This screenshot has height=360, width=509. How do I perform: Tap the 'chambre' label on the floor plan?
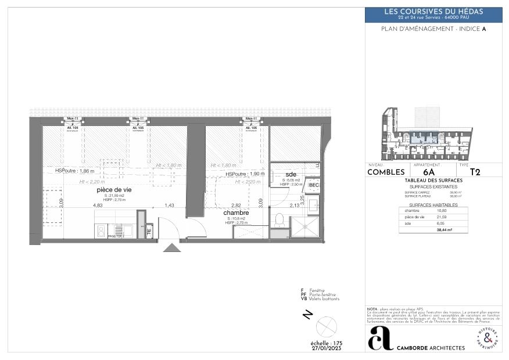click(236, 213)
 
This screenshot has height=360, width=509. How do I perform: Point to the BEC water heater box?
click(314, 185)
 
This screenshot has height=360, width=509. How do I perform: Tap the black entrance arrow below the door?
click(172, 248)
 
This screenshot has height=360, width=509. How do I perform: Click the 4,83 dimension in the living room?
click(97, 205)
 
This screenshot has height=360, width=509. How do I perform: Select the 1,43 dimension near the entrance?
click(169, 205)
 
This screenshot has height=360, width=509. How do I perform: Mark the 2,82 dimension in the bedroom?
click(236, 205)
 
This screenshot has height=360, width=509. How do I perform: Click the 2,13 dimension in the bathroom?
click(295, 205)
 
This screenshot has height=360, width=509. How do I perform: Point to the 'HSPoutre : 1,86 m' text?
click(74, 171)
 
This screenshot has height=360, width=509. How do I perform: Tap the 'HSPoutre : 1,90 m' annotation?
click(245, 174)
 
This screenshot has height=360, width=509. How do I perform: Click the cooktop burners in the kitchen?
click(101, 231)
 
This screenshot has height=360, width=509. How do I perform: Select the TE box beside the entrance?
click(149, 231)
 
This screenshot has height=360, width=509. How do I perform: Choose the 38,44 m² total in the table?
click(445, 230)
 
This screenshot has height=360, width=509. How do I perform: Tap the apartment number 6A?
click(429, 172)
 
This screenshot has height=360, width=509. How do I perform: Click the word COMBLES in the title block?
click(386, 172)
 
